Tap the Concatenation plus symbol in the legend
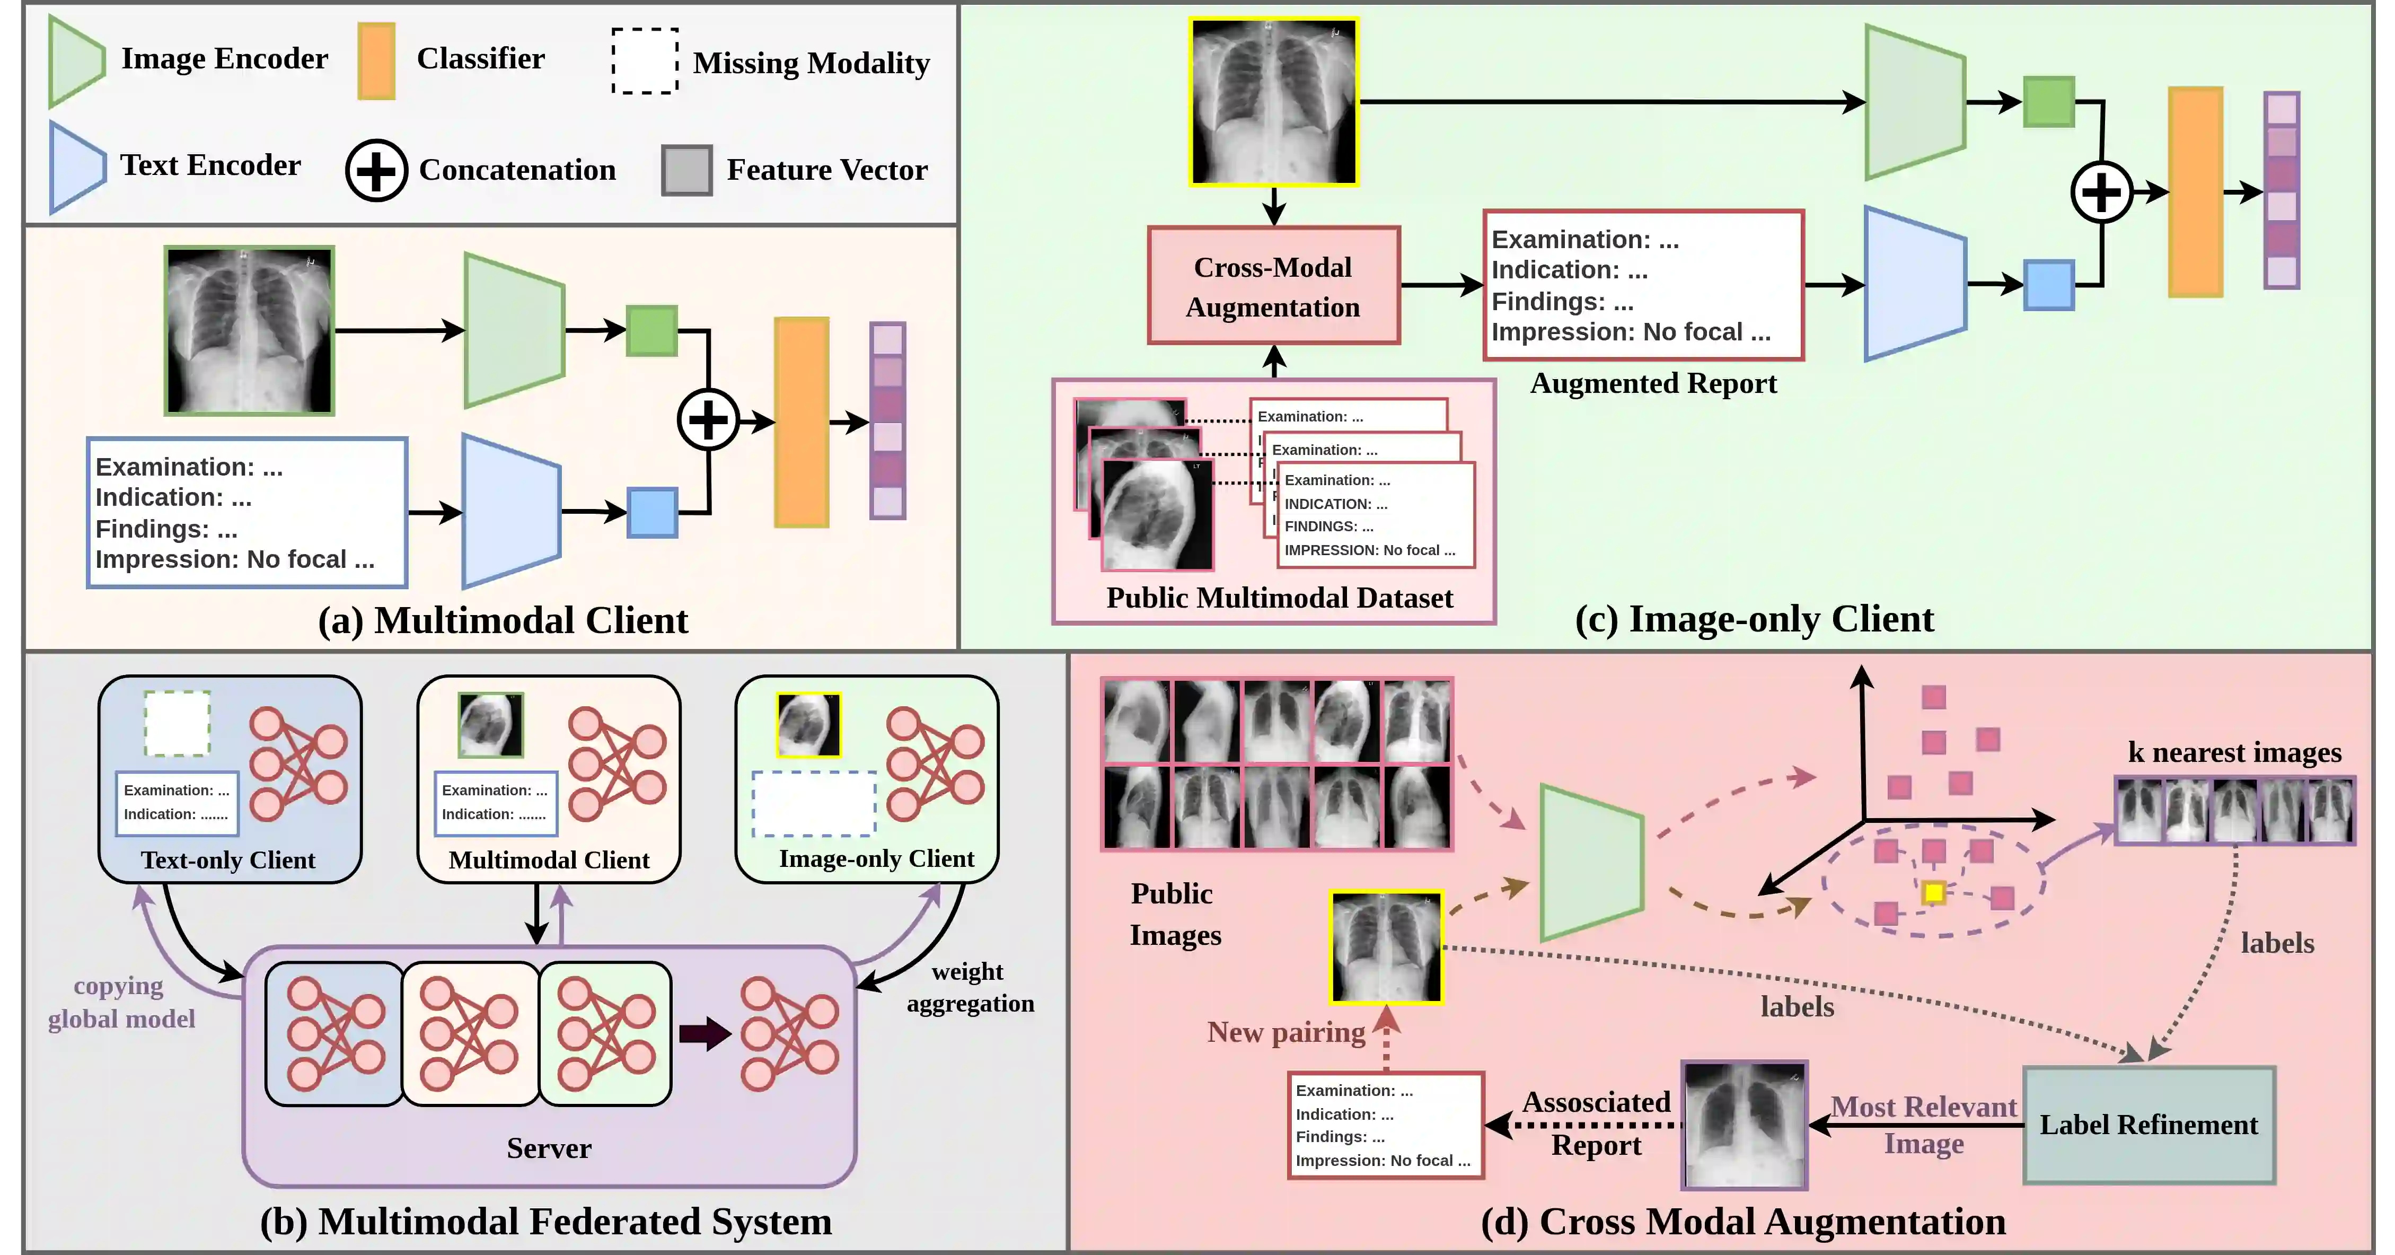point(376,170)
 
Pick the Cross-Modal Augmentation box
point(1274,285)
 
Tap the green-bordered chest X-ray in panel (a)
point(249,330)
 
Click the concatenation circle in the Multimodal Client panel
point(708,420)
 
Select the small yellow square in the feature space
point(1934,892)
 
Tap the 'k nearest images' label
point(2235,751)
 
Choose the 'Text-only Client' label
point(228,860)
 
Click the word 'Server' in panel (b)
point(549,1148)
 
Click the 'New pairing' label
point(1286,1032)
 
